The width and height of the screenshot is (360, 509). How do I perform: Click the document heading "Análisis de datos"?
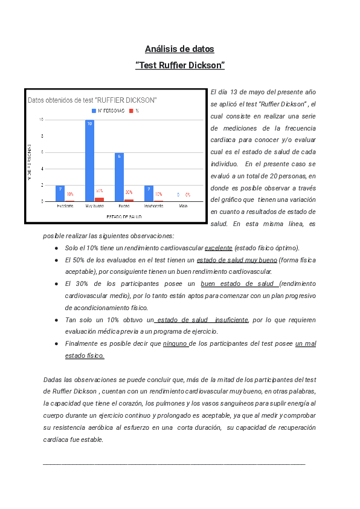(179, 49)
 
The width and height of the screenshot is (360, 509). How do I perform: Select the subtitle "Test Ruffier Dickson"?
(179, 65)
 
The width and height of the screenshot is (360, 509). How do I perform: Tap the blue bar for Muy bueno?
(89, 160)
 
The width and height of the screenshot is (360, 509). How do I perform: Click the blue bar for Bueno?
(119, 177)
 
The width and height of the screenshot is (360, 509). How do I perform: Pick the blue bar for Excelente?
(60, 193)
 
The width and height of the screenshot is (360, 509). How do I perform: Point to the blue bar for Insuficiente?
(149, 193)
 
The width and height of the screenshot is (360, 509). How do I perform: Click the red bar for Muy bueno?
(99, 199)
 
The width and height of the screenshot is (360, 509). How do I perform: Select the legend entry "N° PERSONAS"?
(108, 111)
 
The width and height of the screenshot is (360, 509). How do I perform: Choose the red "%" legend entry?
(134, 111)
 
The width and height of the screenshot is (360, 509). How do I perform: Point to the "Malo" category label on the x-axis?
(183, 206)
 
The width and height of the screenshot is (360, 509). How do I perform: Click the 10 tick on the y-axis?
(41, 120)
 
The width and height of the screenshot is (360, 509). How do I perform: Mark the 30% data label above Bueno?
(129, 192)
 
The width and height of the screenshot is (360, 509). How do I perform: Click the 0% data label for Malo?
(188, 195)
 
